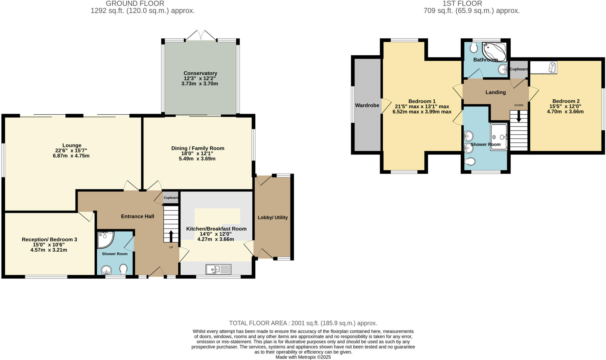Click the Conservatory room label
tap(200, 73)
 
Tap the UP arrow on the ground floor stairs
tap(171, 236)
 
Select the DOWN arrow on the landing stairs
tap(518, 117)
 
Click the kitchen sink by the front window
tap(218, 269)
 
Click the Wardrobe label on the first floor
tap(367, 105)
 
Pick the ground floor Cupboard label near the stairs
tap(171, 197)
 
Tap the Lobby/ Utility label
tap(273, 217)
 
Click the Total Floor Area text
tap(303, 323)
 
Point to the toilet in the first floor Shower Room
tap(470, 161)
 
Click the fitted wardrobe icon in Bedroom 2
tap(543, 67)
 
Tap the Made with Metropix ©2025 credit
tap(303, 357)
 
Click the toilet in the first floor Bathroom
tap(473, 47)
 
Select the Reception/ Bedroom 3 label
tap(49, 239)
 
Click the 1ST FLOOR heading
tap(462, 4)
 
